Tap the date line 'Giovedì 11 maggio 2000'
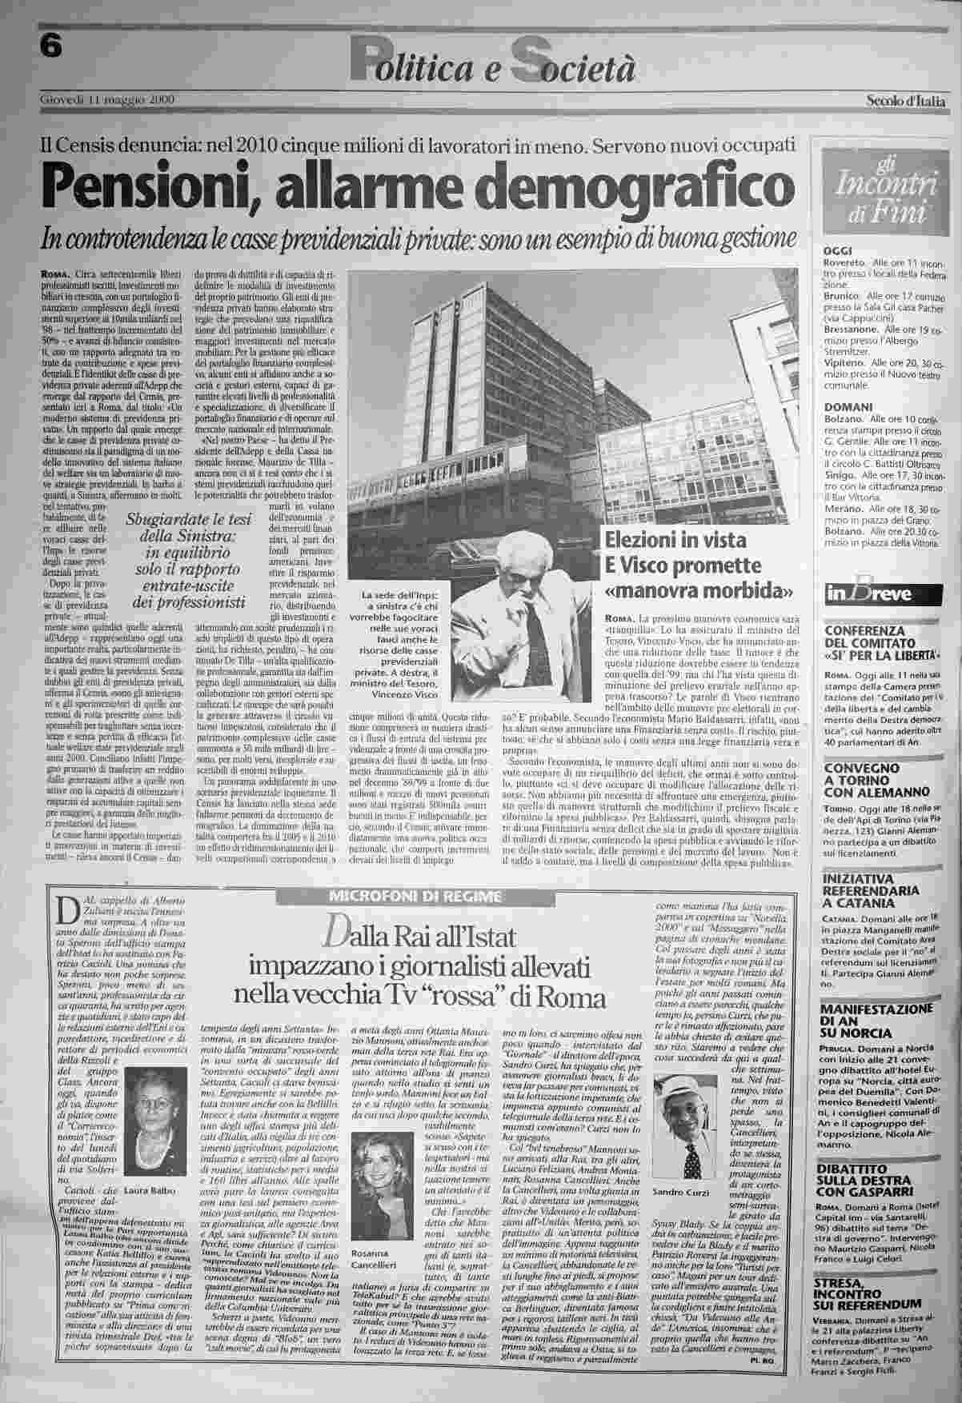[107, 99]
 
